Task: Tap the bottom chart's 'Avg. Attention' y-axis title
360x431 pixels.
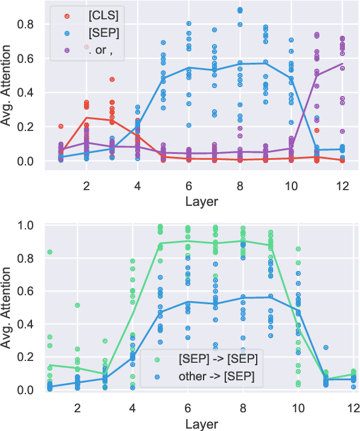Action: pos(8,307)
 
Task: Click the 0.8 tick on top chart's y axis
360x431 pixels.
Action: pos(28,25)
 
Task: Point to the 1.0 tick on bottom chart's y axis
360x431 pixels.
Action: pos(28,226)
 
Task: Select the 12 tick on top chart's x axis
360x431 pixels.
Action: pos(342,187)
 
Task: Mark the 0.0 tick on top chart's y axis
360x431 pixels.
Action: pos(28,162)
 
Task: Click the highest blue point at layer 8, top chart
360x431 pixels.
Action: pos(240,10)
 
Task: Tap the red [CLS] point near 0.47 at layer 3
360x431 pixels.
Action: pos(112,80)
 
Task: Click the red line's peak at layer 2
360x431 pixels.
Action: pos(86,118)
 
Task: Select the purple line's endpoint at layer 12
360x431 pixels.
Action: pos(342,64)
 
